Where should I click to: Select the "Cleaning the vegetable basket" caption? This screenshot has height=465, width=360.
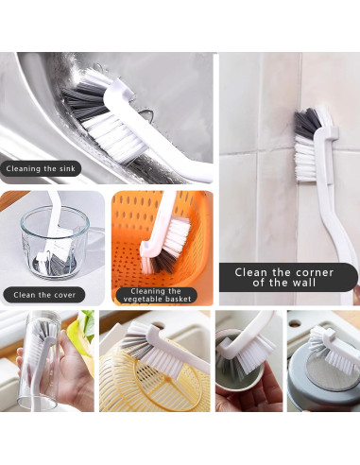[156, 295]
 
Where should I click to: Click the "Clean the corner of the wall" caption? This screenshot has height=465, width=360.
[289, 278]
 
